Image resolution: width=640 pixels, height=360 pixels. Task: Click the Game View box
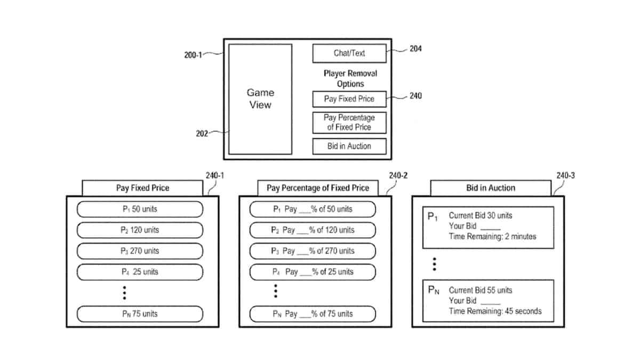(x=260, y=99)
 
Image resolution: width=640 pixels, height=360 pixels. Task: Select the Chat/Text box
(x=349, y=53)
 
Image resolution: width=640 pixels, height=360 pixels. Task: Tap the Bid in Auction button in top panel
(x=349, y=146)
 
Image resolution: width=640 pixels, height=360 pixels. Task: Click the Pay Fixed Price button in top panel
(x=349, y=99)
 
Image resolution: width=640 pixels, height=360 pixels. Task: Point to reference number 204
(x=415, y=49)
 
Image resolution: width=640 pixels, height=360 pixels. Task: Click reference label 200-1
(x=193, y=55)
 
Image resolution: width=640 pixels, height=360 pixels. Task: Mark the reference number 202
(x=202, y=134)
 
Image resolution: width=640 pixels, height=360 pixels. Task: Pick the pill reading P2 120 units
(x=140, y=230)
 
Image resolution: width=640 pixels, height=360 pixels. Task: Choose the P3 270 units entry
(x=140, y=251)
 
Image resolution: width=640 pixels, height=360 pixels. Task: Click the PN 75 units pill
(x=140, y=314)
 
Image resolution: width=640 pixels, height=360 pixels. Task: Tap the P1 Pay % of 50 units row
(x=313, y=209)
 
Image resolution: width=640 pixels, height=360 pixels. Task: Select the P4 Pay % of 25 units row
(x=313, y=271)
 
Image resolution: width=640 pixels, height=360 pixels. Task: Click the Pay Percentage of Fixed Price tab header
(x=318, y=188)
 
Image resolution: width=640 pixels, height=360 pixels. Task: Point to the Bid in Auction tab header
(x=491, y=188)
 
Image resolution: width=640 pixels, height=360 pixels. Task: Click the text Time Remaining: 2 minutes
(x=492, y=236)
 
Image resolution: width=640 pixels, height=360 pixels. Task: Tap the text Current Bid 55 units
(x=480, y=290)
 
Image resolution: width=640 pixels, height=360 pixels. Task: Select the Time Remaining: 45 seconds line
(x=494, y=311)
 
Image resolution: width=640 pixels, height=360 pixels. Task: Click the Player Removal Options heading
(x=350, y=78)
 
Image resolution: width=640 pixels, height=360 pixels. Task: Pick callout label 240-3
(x=565, y=175)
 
